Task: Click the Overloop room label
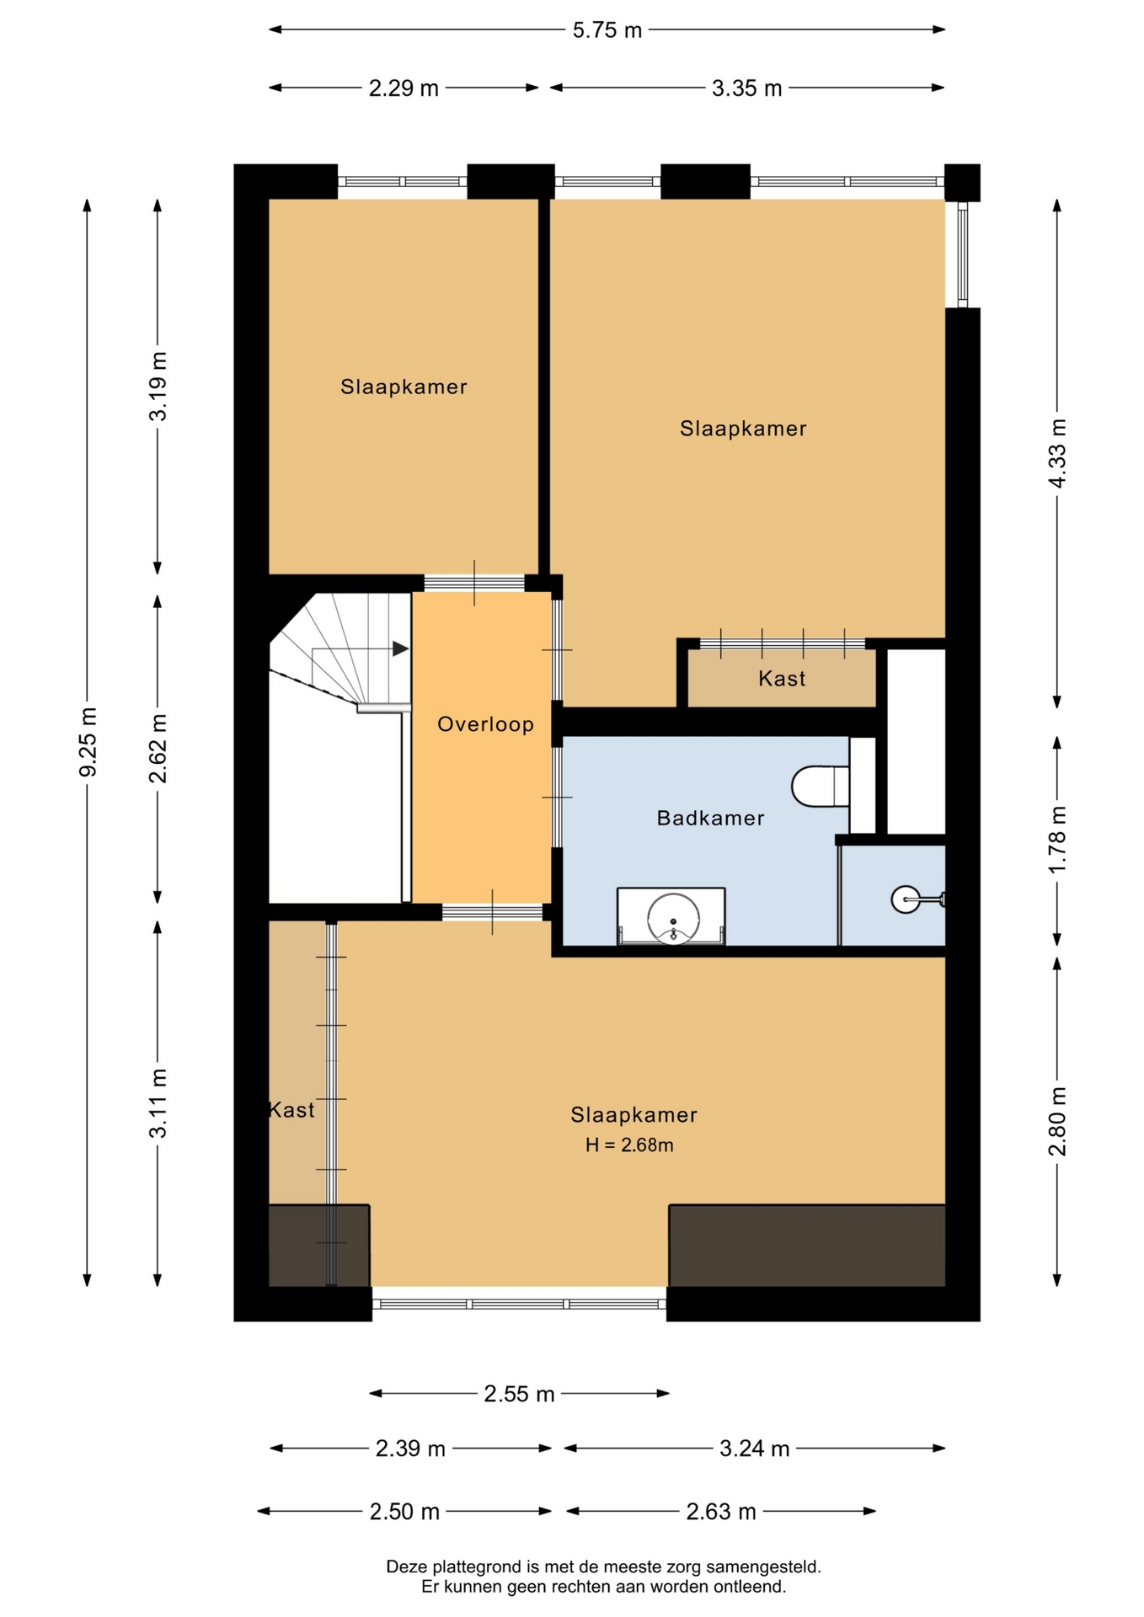pyautogui.click(x=485, y=724)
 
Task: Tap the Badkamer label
pyautogui.click(x=710, y=818)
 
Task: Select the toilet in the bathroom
pyautogui.click(x=820, y=786)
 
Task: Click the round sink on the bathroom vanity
pyautogui.click(x=673, y=917)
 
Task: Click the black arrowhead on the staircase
pyautogui.click(x=400, y=648)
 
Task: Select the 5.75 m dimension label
pyautogui.click(x=607, y=30)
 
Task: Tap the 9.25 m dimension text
pyautogui.click(x=88, y=743)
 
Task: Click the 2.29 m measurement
pyautogui.click(x=404, y=88)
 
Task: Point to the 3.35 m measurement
pyautogui.click(x=746, y=88)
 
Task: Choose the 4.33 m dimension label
pyautogui.click(x=1056, y=452)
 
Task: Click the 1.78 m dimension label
pyautogui.click(x=1056, y=840)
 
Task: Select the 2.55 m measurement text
pyautogui.click(x=519, y=1394)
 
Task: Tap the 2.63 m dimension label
pyautogui.click(x=720, y=1512)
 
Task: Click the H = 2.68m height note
pyautogui.click(x=629, y=1145)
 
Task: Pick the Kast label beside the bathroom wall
pyautogui.click(x=782, y=679)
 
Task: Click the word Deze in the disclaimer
pyautogui.click(x=406, y=1567)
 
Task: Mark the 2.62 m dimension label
pyautogui.click(x=158, y=748)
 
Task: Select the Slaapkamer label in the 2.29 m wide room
pyautogui.click(x=404, y=387)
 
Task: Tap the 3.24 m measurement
pyautogui.click(x=754, y=1449)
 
